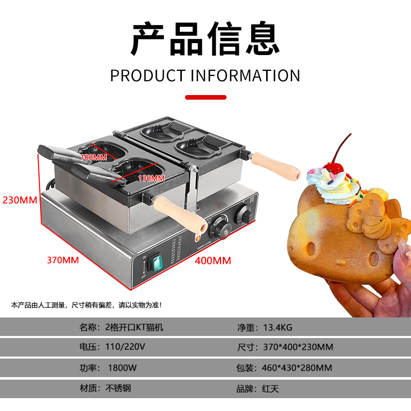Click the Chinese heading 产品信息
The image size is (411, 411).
click(205, 39)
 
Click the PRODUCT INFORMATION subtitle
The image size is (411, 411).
click(205, 76)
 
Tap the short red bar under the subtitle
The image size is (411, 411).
click(205, 97)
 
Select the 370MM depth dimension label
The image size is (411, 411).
click(63, 260)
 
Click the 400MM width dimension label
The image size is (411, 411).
click(213, 260)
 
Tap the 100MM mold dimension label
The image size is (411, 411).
click(94, 156)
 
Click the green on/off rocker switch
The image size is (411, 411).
click(155, 263)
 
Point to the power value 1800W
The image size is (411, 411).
click(122, 368)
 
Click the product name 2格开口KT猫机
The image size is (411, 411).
click(134, 327)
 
